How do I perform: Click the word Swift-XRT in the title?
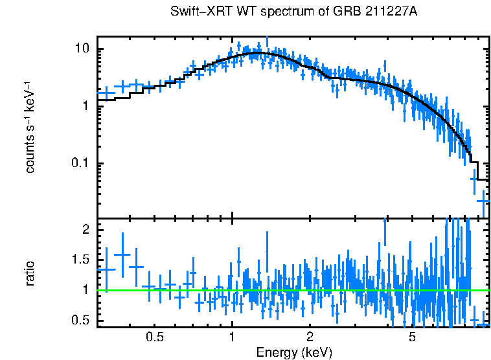(196, 12)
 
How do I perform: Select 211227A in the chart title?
(384, 12)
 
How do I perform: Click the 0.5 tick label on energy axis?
(154, 337)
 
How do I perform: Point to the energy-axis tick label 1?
(232, 337)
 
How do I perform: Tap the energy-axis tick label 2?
(310, 337)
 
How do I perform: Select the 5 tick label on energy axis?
(413, 337)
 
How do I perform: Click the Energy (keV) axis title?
(294, 352)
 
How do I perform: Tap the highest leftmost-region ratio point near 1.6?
(122, 254)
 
